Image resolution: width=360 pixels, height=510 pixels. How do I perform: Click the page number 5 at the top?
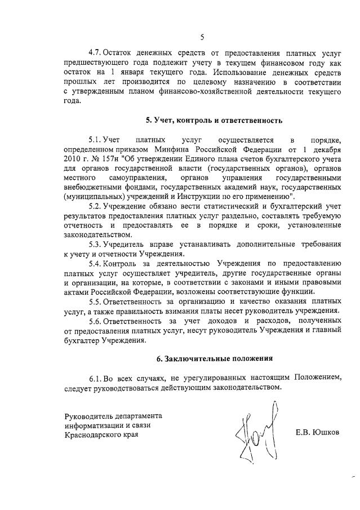coord(202,38)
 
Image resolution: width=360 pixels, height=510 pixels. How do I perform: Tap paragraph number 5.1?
coord(95,139)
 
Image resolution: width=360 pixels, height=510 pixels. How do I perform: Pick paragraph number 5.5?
coord(95,301)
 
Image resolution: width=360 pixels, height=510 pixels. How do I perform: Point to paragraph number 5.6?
coord(95,320)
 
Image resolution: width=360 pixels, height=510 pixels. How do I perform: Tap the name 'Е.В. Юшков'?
coord(318,432)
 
